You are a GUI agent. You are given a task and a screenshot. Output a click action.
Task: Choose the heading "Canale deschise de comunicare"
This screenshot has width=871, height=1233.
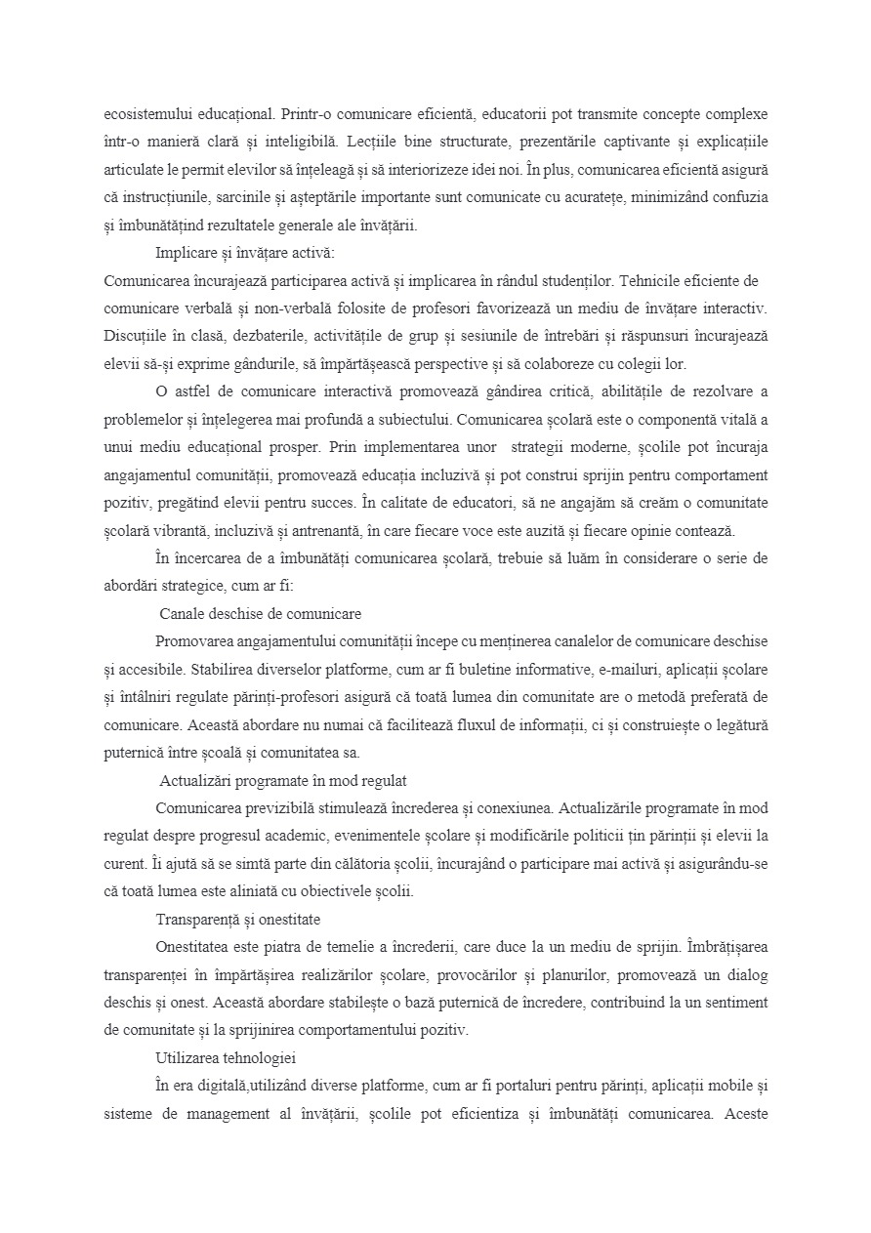point(260,614)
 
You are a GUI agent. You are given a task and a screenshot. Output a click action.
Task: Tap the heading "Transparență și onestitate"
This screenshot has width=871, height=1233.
point(237,920)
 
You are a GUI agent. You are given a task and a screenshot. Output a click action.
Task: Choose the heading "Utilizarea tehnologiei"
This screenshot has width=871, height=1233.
point(226,1058)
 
